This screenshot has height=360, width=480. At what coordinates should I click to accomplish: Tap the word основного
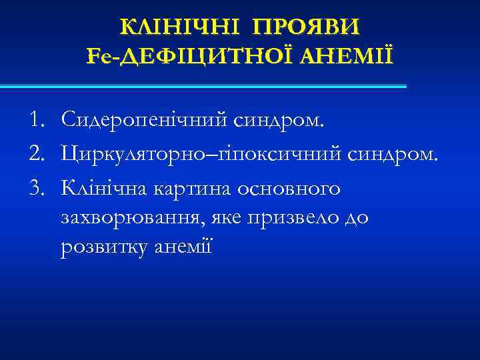coord(281,189)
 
